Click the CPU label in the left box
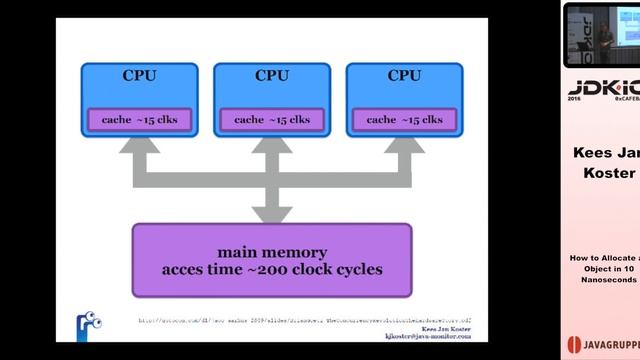click(x=139, y=76)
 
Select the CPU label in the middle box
click(x=272, y=76)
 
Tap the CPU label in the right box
click(x=404, y=76)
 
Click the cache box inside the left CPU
click(x=140, y=120)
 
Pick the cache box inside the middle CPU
click(x=272, y=120)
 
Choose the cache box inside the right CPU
click(x=404, y=120)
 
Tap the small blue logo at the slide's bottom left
click(x=89, y=326)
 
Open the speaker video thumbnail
click(x=601, y=35)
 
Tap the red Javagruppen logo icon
click(x=574, y=340)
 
